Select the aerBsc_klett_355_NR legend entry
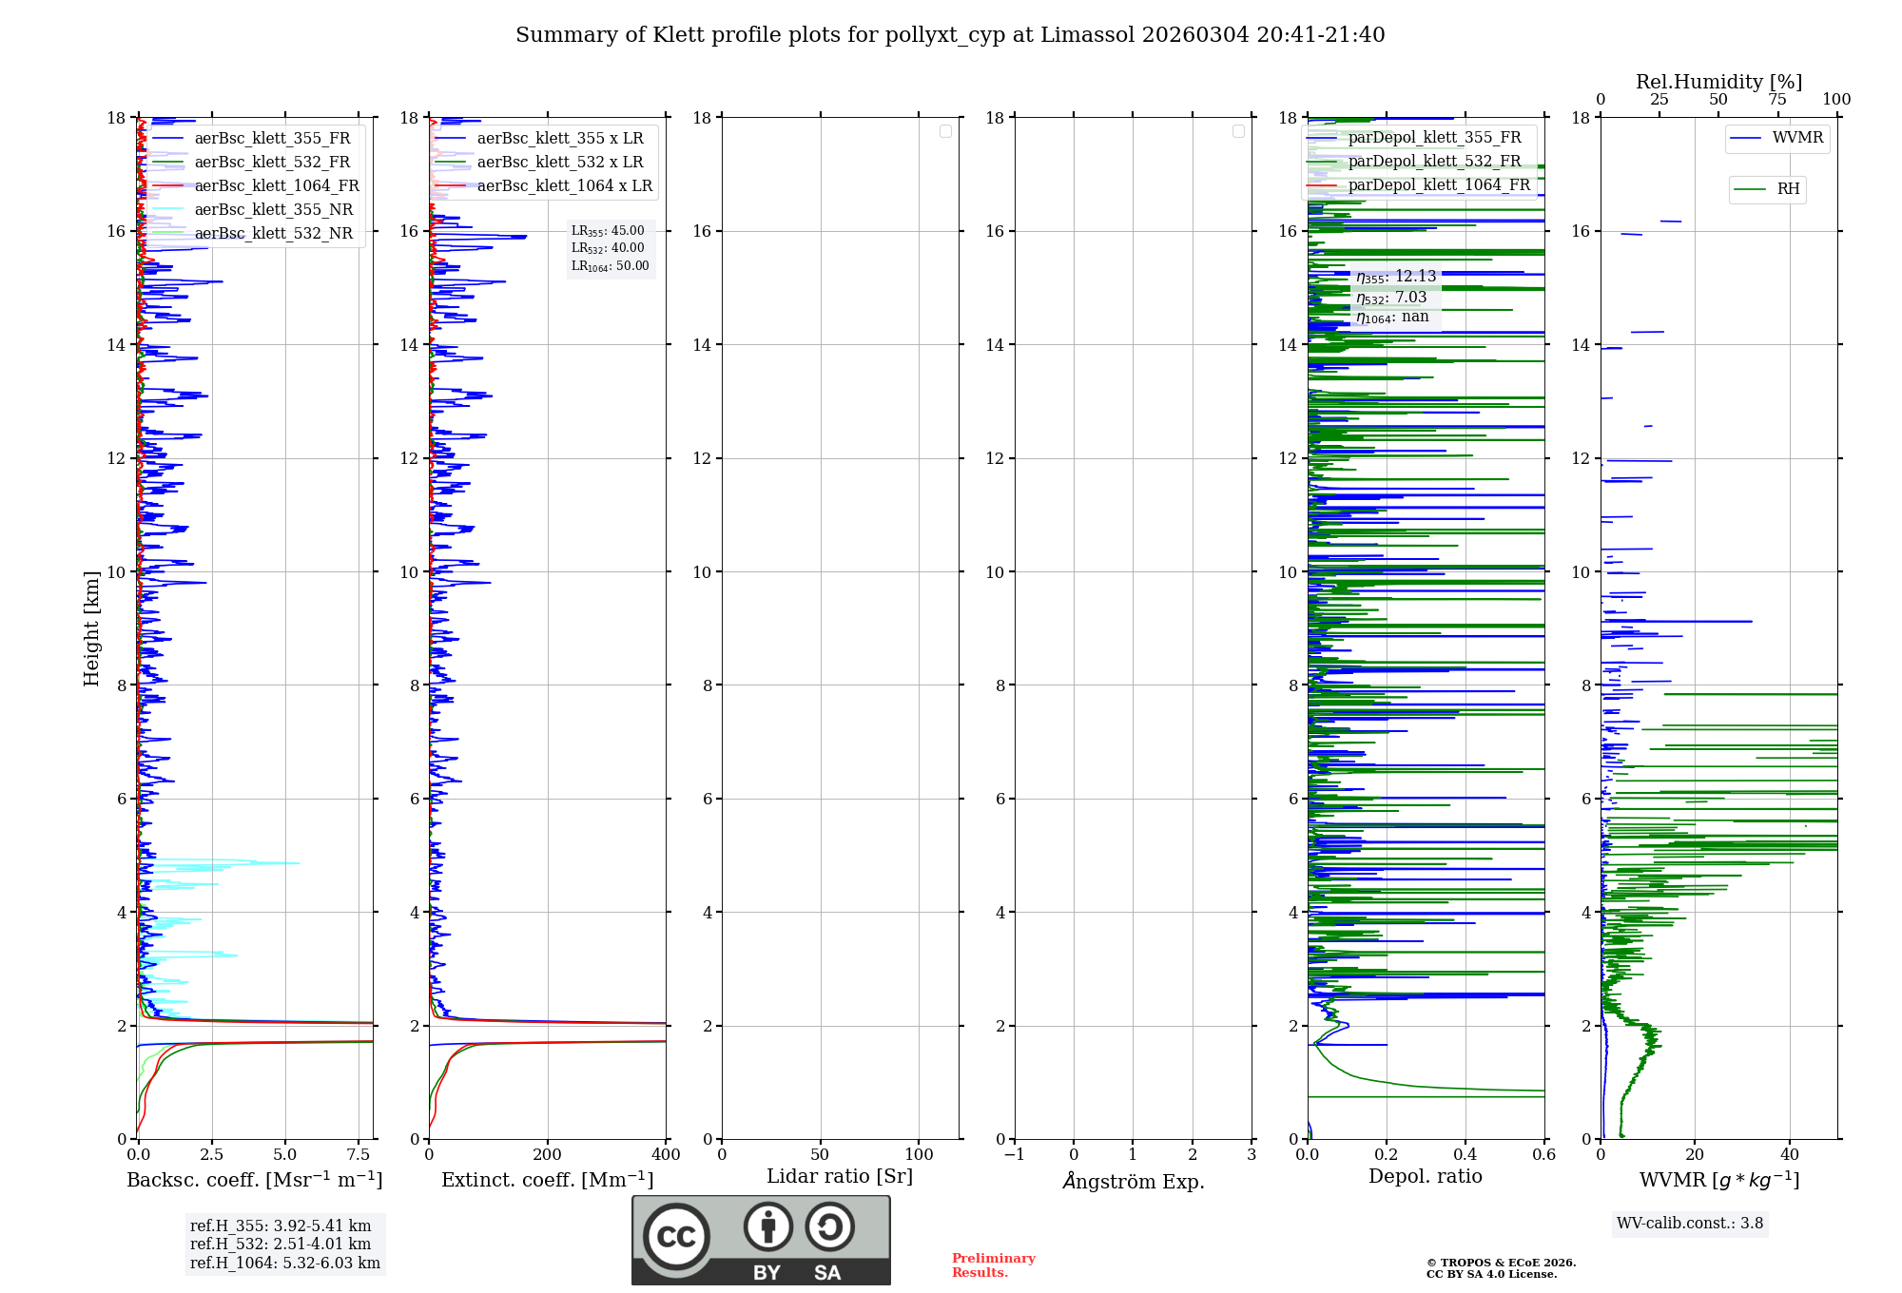click(x=273, y=209)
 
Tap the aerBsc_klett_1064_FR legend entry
click(x=276, y=185)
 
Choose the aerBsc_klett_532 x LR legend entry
click(x=559, y=162)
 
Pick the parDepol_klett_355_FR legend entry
click(x=1433, y=137)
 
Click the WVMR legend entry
click(x=1796, y=138)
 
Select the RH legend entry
click(x=1787, y=189)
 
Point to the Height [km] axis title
click(x=91, y=628)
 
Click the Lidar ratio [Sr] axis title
click(x=840, y=1177)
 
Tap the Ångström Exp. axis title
click(x=1133, y=1181)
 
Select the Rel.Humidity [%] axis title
click(x=1718, y=82)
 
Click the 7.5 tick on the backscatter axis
click(x=359, y=1155)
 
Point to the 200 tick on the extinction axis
click(x=548, y=1155)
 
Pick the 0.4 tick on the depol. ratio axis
click(x=1465, y=1155)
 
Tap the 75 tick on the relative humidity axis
click(x=1776, y=100)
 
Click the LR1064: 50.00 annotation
click(x=610, y=266)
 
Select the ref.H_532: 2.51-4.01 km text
click(x=281, y=1245)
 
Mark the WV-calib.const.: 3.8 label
click(x=1690, y=1224)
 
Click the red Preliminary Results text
click(x=993, y=1265)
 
